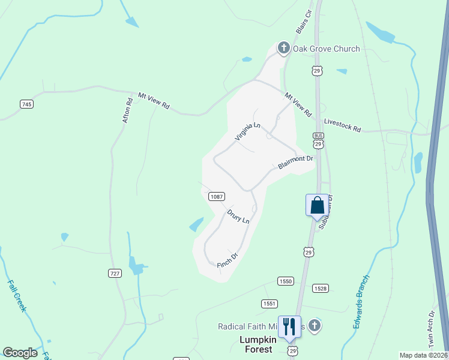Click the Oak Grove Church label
[x=326, y=49]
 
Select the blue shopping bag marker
[x=318, y=205]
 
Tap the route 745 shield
[x=26, y=104]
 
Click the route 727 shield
[x=115, y=273]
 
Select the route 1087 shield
[x=217, y=196]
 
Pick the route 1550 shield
[x=285, y=281]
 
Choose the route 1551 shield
[x=270, y=304]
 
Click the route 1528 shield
[x=321, y=288]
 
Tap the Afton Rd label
[x=127, y=110]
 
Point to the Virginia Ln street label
[x=247, y=131]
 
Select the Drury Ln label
[x=238, y=216]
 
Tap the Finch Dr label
[x=228, y=259]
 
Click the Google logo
[x=20, y=353]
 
